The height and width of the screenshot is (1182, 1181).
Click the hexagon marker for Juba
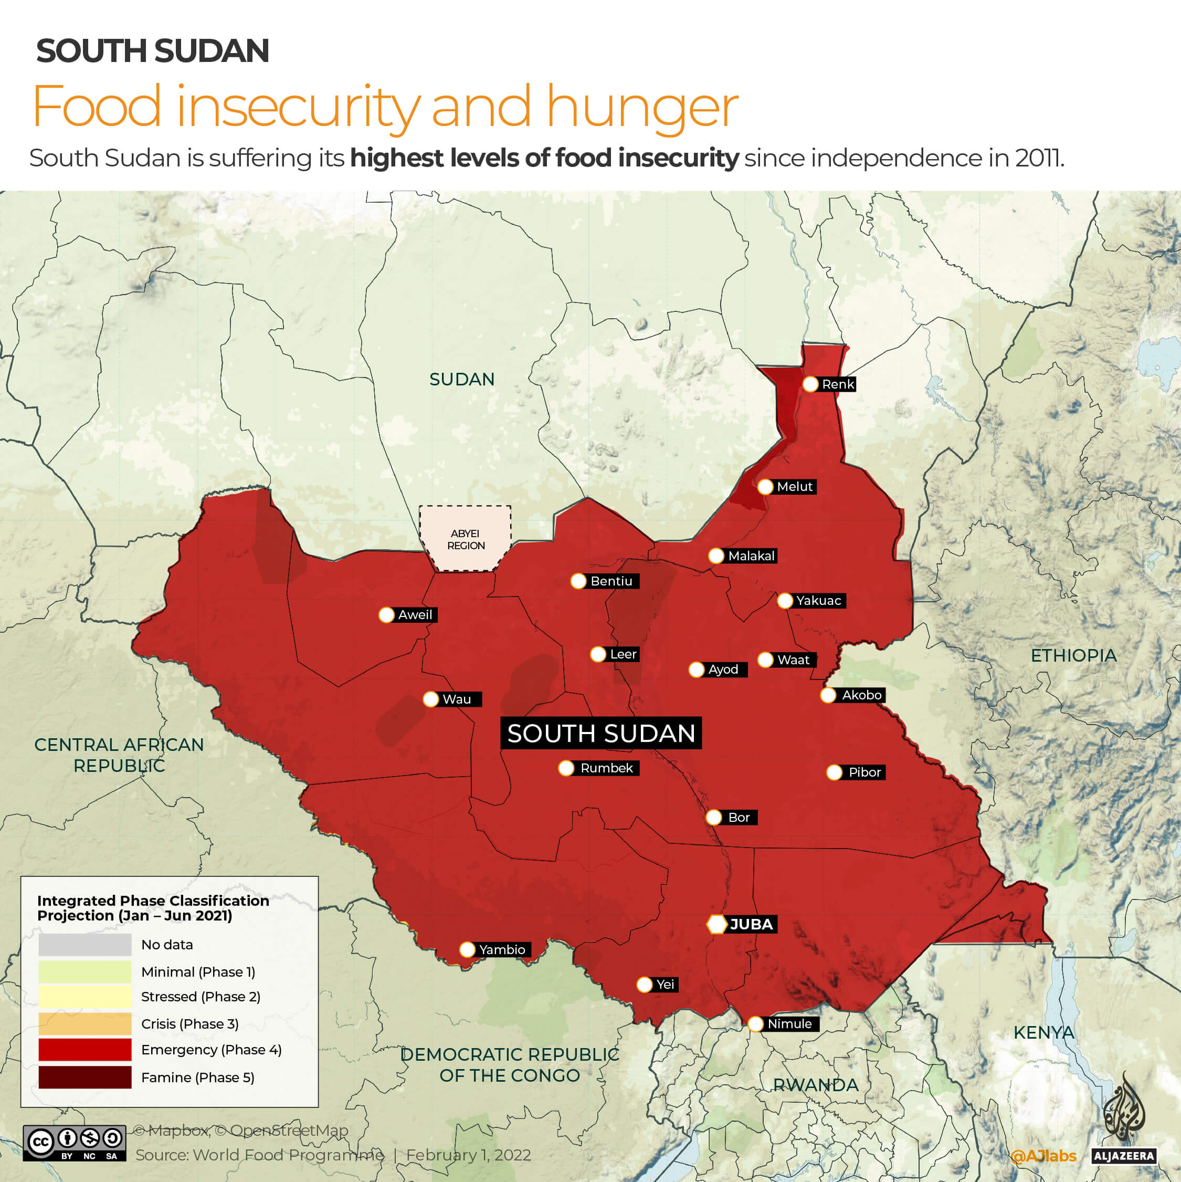pyautogui.click(x=716, y=924)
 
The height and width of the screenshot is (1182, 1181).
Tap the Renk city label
pyautogui.click(x=837, y=384)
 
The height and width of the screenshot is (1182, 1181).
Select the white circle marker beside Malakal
pyautogui.click(x=716, y=556)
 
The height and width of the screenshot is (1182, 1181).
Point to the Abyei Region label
pyautogui.click(x=465, y=539)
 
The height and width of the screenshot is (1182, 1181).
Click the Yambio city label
pyautogui.click(x=501, y=949)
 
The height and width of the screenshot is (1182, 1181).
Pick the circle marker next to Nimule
pyautogui.click(x=755, y=1023)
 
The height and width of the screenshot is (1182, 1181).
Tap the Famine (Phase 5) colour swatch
pyautogui.click(x=85, y=1078)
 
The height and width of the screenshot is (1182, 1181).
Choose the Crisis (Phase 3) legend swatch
pyautogui.click(x=85, y=1023)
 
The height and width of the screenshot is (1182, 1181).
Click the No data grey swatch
pyautogui.click(x=85, y=945)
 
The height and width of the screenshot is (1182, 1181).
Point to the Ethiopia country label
pyautogui.click(x=1073, y=655)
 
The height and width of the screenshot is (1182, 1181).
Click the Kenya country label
pyautogui.click(x=1043, y=1032)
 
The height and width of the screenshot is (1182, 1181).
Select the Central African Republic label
pyautogui.click(x=119, y=755)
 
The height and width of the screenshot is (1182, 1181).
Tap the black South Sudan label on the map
pyautogui.click(x=600, y=733)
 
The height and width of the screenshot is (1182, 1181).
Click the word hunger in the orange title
pyautogui.click(x=642, y=107)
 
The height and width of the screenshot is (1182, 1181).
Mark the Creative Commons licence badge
pyautogui.click(x=75, y=1143)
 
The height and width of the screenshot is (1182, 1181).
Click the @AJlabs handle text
pyautogui.click(x=1043, y=1156)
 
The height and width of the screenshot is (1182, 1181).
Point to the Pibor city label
pyautogui.click(x=864, y=772)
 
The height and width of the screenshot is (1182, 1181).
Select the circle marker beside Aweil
pyautogui.click(x=386, y=615)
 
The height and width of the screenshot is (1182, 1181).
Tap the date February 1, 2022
pyautogui.click(x=469, y=1155)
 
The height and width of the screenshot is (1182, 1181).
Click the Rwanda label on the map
pyautogui.click(x=815, y=1085)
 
